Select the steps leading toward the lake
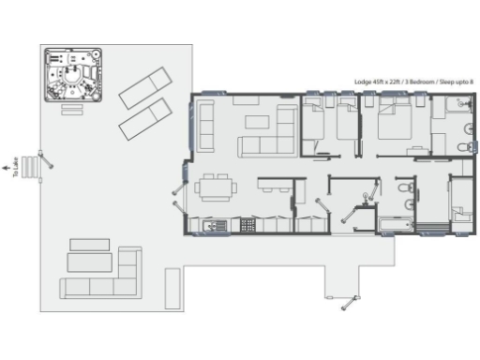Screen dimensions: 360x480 (x=32, y=167)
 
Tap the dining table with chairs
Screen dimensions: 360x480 (x=215, y=188)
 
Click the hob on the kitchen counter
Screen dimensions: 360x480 (x=248, y=225)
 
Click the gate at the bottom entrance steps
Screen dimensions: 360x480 (x=350, y=300)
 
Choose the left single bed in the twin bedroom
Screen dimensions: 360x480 (x=313, y=126)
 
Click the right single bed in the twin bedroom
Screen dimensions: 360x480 (x=348, y=126)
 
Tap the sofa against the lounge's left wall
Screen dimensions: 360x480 (x=205, y=126)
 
